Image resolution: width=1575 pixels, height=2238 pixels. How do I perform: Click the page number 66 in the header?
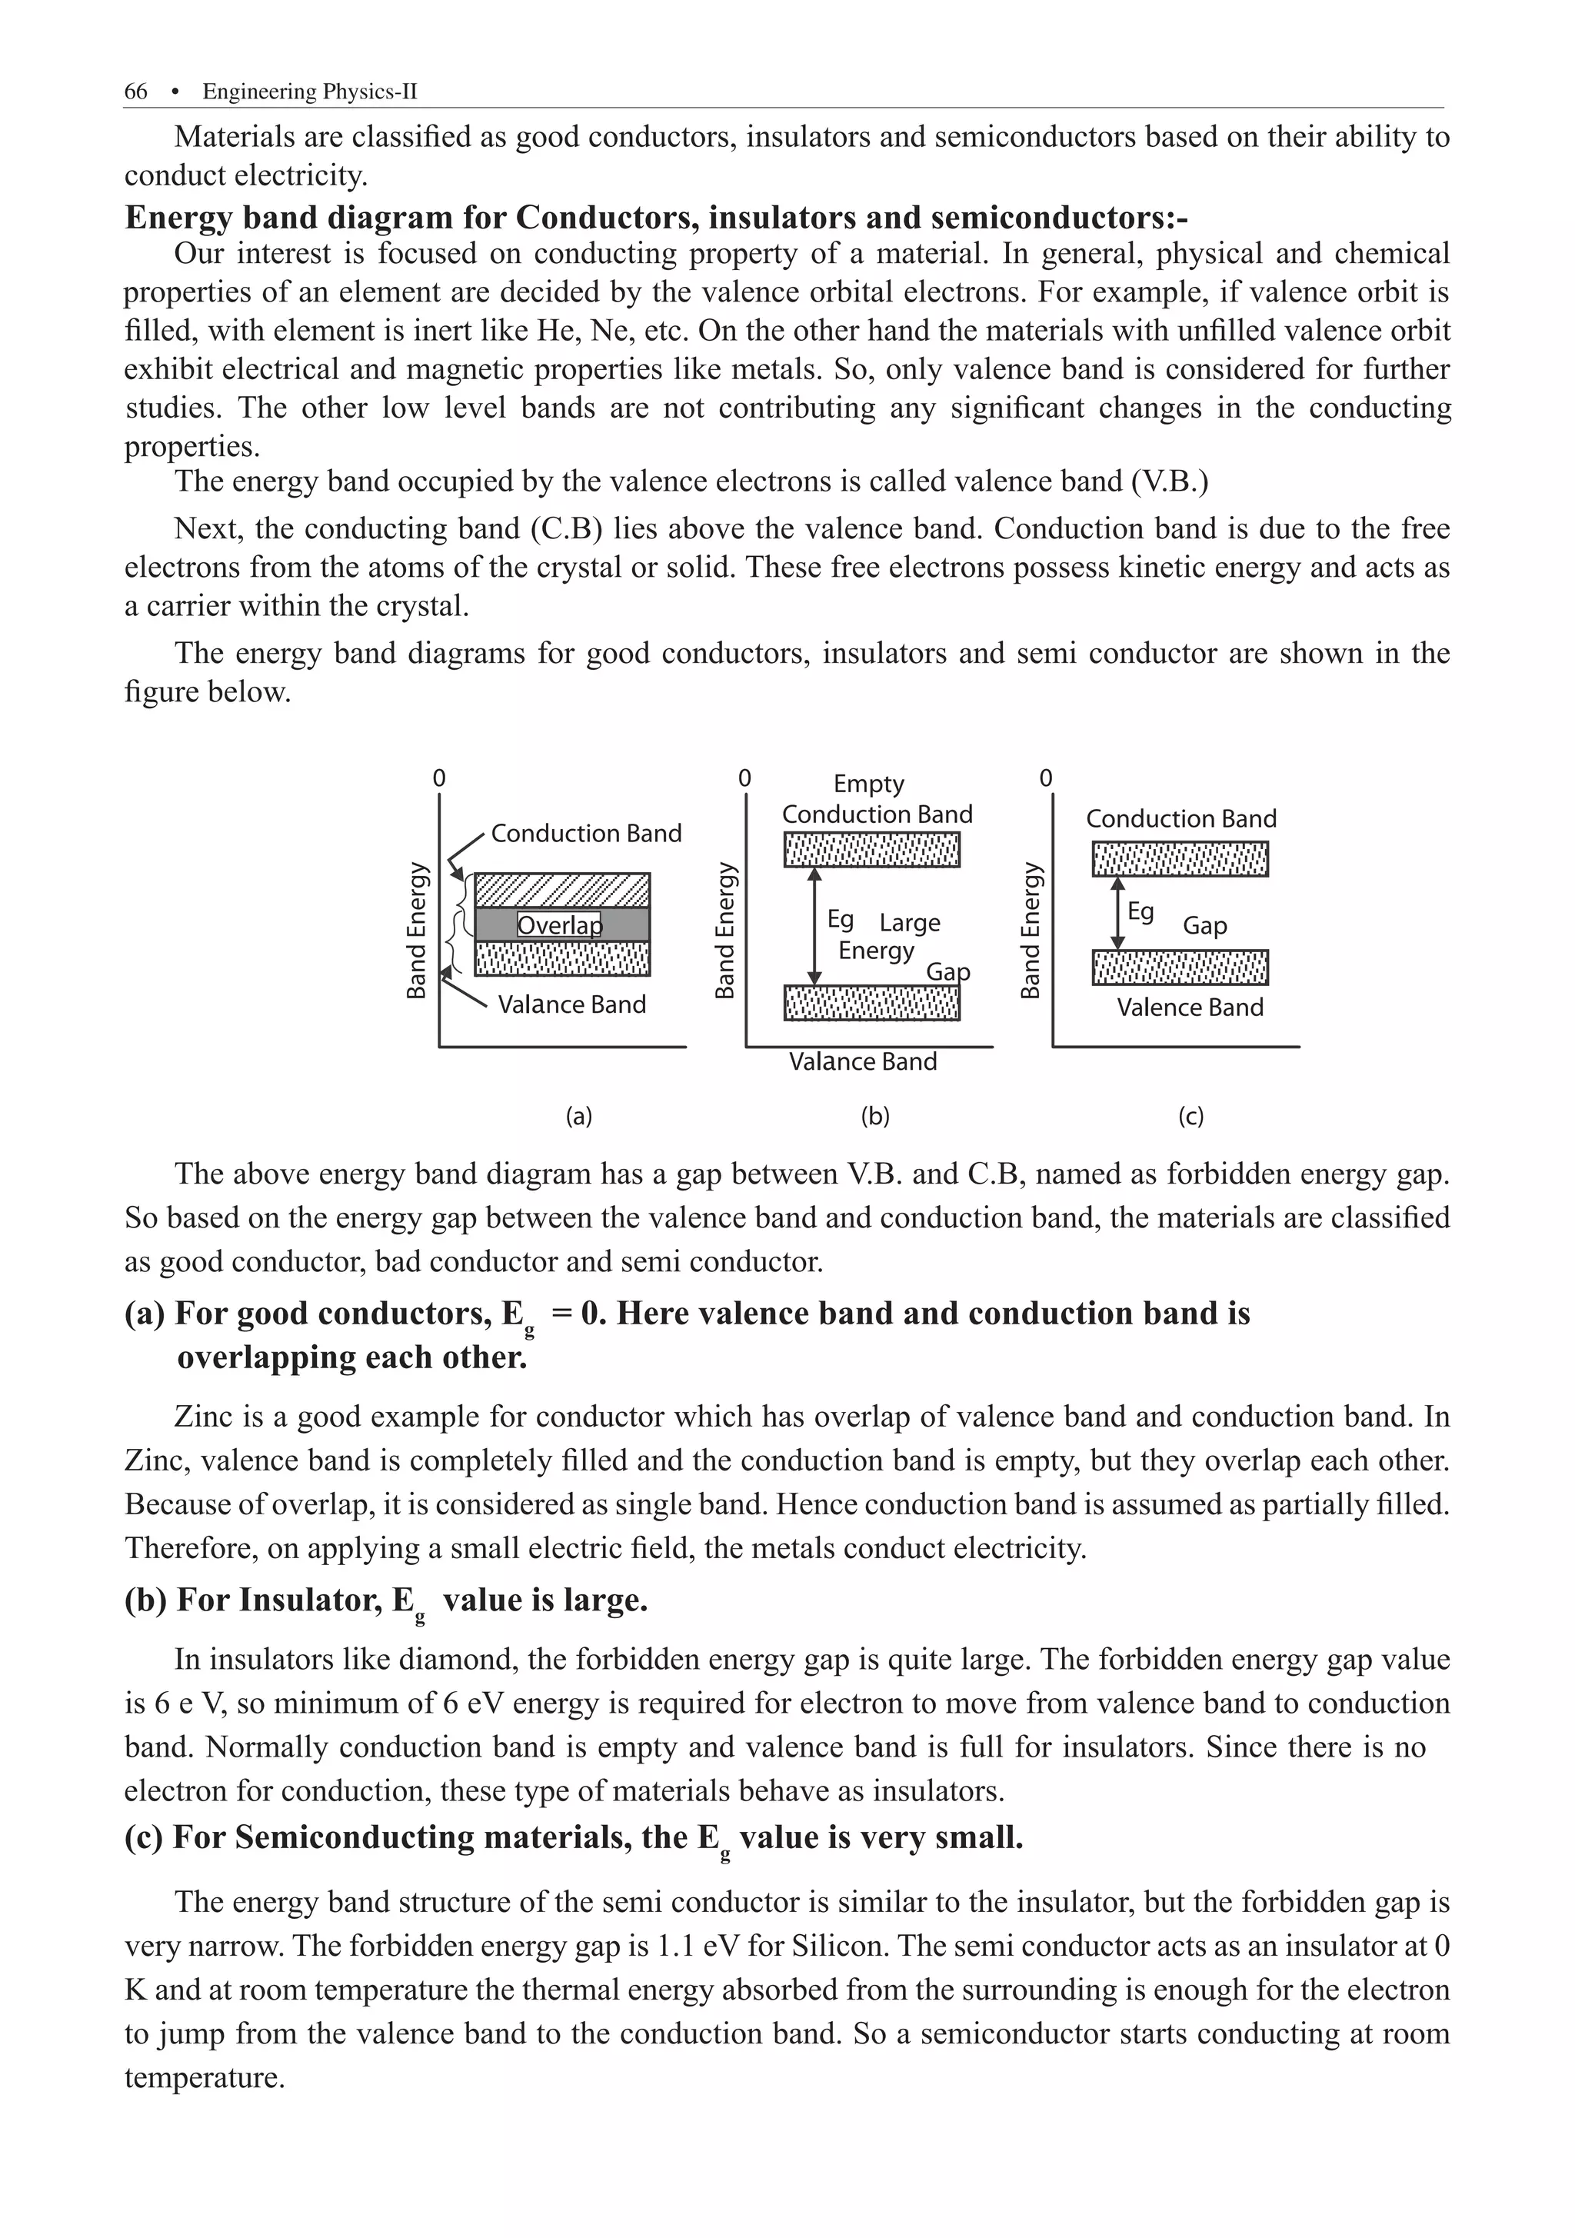point(135,92)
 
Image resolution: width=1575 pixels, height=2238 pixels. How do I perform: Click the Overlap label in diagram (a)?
point(558,924)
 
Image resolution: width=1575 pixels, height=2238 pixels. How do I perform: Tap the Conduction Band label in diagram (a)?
point(586,834)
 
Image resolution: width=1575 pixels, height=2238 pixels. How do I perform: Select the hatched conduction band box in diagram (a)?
point(562,890)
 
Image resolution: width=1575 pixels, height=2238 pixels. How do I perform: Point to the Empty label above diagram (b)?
point(868,784)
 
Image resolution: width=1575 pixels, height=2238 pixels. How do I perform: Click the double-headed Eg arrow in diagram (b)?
point(816,926)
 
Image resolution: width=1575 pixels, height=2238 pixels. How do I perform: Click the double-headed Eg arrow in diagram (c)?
point(1118,912)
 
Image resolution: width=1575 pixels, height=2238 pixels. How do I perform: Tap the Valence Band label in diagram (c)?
point(1189,1007)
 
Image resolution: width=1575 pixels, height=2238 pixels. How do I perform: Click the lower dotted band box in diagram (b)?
point(871,1003)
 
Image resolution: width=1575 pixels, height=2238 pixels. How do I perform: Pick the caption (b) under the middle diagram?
point(874,1117)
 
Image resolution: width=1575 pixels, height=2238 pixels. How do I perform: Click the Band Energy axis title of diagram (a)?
point(416,930)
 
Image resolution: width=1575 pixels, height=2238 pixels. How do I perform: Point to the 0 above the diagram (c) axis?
point(1046,778)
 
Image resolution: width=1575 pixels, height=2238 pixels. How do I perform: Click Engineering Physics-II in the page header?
point(309,92)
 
